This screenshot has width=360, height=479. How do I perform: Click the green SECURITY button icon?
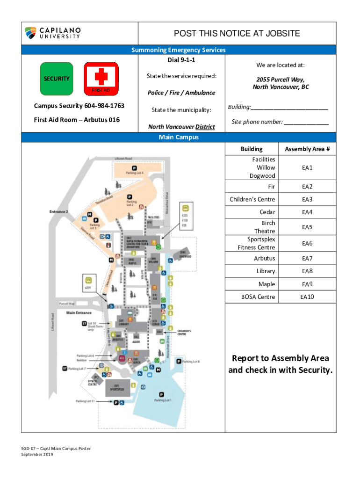click(57, 79)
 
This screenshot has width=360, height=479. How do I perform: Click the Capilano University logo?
click(53, 33)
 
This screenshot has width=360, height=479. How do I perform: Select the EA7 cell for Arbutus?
click(307, 258)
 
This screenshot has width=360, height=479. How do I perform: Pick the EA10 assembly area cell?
click(307, 297)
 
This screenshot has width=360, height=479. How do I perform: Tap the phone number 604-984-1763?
click(101, 106)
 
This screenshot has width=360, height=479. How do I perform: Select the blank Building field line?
click(289, 107)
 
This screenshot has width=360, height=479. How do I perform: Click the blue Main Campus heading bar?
click(179, 138)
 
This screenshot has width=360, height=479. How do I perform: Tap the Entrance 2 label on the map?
click(59, 212)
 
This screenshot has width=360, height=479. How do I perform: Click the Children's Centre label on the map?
click(185, 332)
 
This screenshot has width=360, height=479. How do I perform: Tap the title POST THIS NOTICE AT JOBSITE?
click(237, 33)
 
